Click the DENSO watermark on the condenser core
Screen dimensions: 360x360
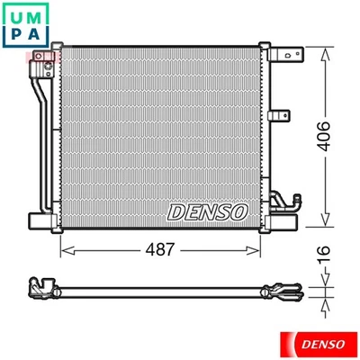(207, 211)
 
